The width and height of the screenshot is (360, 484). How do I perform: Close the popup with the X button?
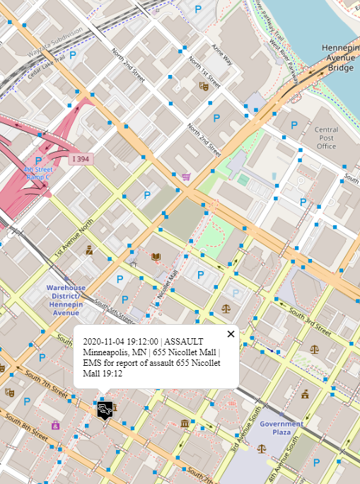coord(231,334)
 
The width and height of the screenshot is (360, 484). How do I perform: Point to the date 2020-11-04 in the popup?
coord(106,342)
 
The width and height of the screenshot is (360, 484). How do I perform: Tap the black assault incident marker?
coord(105,409)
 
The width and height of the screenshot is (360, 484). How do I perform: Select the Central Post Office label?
coord(327,138)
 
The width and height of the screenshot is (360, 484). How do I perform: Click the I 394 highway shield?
coord(80,159)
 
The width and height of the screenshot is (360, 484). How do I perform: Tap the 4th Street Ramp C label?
coord(38,173)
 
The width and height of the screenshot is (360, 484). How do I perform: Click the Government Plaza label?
coord(281,428)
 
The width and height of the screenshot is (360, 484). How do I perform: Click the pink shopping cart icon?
coord(186,177)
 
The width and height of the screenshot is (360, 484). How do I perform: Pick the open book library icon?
coord(156,256)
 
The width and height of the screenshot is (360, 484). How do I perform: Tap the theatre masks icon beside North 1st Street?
coord(204,86)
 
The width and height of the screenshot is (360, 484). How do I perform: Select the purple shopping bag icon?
coord(55,425)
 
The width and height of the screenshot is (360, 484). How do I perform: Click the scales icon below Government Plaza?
coord(262,448)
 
